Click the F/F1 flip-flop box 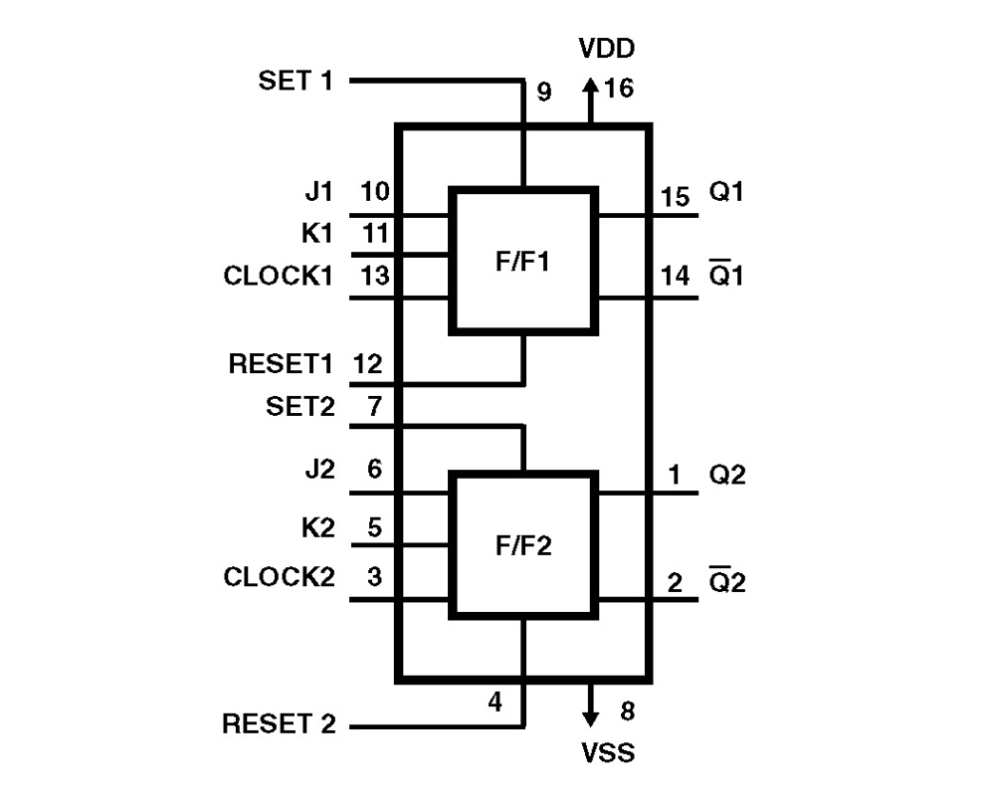(x=523, y=259)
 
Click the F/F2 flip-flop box (x=523, y=545)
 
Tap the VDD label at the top (x=607, y=49)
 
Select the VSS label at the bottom (x=607, y=753)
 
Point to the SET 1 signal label (x=296, y=81)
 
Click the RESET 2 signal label (x=281, y=723)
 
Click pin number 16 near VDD (x=618, y=90)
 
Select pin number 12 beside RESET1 (x=366, y=364)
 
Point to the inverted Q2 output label (x=726, y=581)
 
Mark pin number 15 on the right (x=675, y=197)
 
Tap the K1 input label (x=320, y=235)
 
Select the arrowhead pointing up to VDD (x=591, y=89)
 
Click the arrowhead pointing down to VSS (x=591, y=716)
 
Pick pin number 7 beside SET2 (x=374, y=406)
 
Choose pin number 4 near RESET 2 (x=494, y=703)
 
